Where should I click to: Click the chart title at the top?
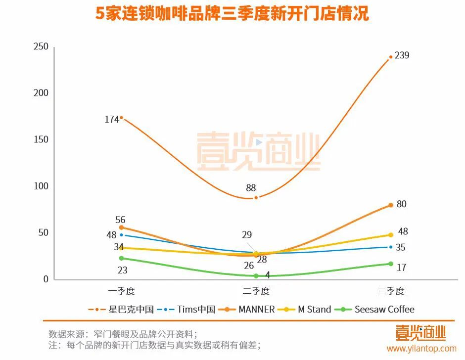(232, 13)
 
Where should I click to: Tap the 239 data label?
(402, 55)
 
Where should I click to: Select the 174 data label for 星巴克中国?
(112, 119)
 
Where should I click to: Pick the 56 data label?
(120, 220)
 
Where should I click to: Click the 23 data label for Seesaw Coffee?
(122, 270)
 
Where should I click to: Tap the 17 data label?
(402, 268)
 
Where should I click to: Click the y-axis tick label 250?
(41, 47)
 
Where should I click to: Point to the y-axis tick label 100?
(41, 186)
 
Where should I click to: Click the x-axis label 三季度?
(391, 291)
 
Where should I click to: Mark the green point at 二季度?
(256, 276)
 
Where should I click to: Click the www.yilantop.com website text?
(421, 349)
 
